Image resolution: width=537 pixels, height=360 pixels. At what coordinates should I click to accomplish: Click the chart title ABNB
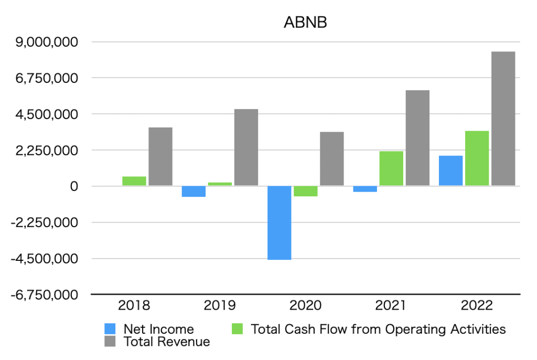(305, 23)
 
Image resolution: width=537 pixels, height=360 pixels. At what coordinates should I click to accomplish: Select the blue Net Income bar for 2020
(280, 223)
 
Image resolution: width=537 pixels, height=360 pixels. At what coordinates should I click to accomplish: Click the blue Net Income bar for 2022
(450, 171)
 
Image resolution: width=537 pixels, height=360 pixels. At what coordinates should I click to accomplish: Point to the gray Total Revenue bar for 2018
(160, 156)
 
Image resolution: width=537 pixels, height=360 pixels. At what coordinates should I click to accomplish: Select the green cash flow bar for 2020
(305, 191)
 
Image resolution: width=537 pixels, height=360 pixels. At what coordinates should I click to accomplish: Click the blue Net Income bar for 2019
(194, 191)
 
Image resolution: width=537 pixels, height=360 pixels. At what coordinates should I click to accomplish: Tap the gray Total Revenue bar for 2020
(332, 158)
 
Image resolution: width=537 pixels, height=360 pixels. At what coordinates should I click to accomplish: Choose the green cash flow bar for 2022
(477, 158)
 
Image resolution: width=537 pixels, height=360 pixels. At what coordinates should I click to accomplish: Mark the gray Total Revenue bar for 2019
(246, 147)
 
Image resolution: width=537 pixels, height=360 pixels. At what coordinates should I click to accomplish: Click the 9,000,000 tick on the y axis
(48, 42)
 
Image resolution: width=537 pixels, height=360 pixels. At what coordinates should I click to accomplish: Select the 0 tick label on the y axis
(74, 186)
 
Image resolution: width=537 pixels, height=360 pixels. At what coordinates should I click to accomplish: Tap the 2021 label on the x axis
(391, 305)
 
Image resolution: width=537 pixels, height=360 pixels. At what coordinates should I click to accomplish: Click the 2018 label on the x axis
(134, 305)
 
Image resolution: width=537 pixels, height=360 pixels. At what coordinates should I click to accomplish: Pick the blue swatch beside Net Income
(111, 329)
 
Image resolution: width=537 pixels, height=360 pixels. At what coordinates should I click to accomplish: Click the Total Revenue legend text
(166, 342)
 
